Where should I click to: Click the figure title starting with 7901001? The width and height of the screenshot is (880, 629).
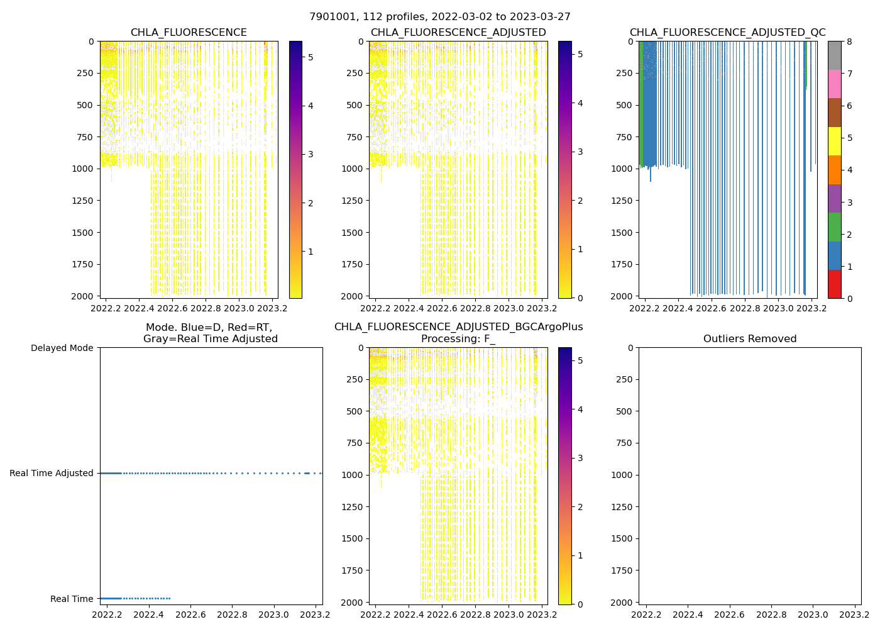tap(440, 17)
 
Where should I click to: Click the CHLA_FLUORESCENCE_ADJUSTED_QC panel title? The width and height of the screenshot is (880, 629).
tap(727, 33)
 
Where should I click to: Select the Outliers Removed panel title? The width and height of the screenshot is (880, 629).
tap(750, 339)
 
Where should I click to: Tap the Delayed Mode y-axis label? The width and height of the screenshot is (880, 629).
tap(62, 348)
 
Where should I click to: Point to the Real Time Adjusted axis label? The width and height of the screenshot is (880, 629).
tap(52, 473)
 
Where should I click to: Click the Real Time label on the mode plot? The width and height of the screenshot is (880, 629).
tap(72, 599)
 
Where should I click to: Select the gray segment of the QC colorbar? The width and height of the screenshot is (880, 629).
tap(834, 55)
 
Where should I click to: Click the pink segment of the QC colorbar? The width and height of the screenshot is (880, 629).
tap(834, 84)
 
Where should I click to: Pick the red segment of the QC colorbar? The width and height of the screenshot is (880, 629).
tap(834, 284)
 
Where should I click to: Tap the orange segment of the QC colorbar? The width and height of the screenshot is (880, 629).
tap(834, 170)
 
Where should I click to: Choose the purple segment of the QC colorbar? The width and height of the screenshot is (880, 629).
tap(834, 198)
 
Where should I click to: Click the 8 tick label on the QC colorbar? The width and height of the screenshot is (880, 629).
tap(849, 42)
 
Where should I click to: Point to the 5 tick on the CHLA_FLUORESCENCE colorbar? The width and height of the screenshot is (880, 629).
tap(311, 57)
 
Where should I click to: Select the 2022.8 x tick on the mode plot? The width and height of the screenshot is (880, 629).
tap(232, 615)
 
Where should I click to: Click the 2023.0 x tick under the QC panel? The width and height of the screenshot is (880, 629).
tap(779, 308)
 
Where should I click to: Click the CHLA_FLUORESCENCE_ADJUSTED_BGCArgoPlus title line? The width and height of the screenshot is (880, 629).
tap(458, 327)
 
